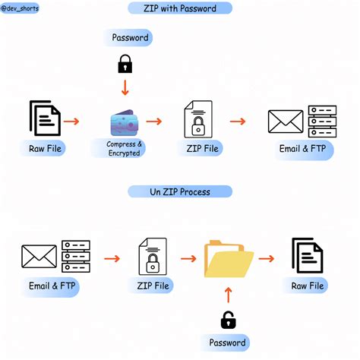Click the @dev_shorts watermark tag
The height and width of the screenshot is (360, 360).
click(21, 9)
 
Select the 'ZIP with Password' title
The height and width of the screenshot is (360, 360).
click(179, 9)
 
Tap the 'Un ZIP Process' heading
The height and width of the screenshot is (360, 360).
click(179, 191)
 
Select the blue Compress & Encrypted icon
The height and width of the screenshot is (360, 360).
click(123, 123)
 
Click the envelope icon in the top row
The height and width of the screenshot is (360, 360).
click(286, 122)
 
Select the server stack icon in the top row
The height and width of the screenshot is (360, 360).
click(321, 121)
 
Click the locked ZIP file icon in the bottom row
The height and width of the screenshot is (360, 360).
click(152, 257)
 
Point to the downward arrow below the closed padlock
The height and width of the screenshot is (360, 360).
click(125, 88)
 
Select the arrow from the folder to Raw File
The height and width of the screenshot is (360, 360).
click(266, 258)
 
